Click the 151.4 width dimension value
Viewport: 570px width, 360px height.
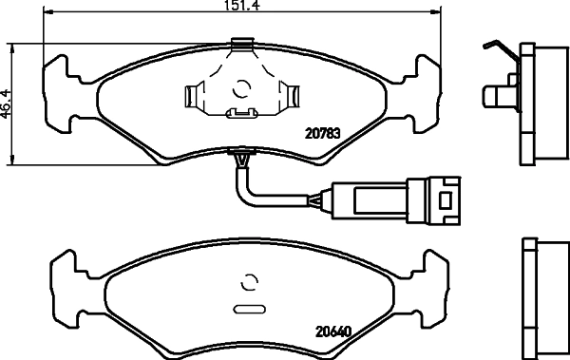241,5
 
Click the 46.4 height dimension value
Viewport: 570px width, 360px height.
5,104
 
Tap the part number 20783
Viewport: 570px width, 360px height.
323,134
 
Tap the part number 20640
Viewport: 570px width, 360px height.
333,332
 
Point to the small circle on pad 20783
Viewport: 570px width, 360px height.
241,88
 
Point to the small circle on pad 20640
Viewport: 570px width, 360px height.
249,281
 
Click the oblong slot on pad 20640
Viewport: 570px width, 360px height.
249,310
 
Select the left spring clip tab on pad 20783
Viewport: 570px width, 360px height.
194,96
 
